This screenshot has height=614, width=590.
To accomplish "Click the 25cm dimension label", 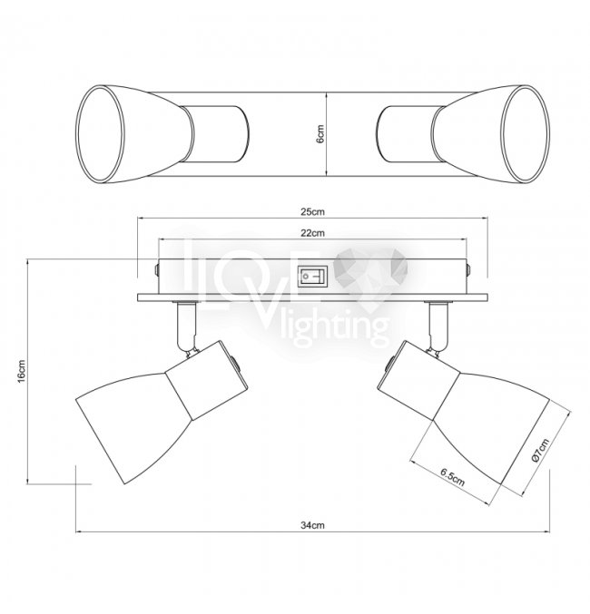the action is pyautogui.click(x=312, y=212).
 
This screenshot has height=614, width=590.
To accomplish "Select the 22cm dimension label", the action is pyautogui.click(x=312, y=233).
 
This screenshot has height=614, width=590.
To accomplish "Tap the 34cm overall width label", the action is pyautogui.click(x=312, y=525).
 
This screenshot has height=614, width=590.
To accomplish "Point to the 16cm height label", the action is pyautogui.click(x=22, y=371).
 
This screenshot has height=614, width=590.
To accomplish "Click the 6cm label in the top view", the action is pyautogui.click(x=320, y=134).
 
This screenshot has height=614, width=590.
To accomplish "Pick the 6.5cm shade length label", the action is pyautogui.click(x=452, y=477).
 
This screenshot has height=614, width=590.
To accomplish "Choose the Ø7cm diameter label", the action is pyautogui.click(x=541, y=451).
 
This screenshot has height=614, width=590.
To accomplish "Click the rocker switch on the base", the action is pyautogui.click(x=312, y=277).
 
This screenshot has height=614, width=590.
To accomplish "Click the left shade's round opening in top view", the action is pyautogui.click(x=101, y=134).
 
